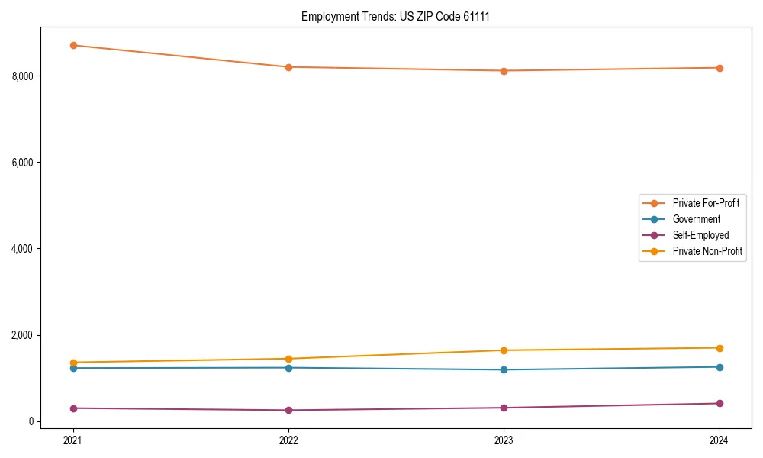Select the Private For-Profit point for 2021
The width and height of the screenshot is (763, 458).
(x=73, y=45)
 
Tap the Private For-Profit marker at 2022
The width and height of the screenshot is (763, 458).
(x=288, y=67)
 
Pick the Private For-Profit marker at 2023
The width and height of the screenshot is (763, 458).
(x=504, y=71)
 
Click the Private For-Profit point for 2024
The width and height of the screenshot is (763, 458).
(x=720, y=68)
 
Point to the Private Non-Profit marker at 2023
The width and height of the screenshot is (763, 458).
(x=504, y=350)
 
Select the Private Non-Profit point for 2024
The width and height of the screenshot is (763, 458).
(x=720, y=348)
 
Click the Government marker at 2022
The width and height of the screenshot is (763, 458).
(x=288, y=368)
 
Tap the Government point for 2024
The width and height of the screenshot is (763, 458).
(x=720, y=367)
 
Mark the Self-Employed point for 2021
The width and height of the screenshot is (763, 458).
(x=73, y=408)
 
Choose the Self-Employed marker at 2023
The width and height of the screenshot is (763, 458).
(x=504, y=408)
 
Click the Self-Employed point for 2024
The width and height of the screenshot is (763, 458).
(x=720, y=403)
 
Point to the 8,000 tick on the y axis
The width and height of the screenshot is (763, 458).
(x=24, y=76)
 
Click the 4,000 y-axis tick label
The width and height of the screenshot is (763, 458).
(x=24, y=249)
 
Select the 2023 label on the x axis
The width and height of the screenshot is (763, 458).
(x=504, y=440)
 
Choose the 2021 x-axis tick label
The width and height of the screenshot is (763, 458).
(x=73, y=440)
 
